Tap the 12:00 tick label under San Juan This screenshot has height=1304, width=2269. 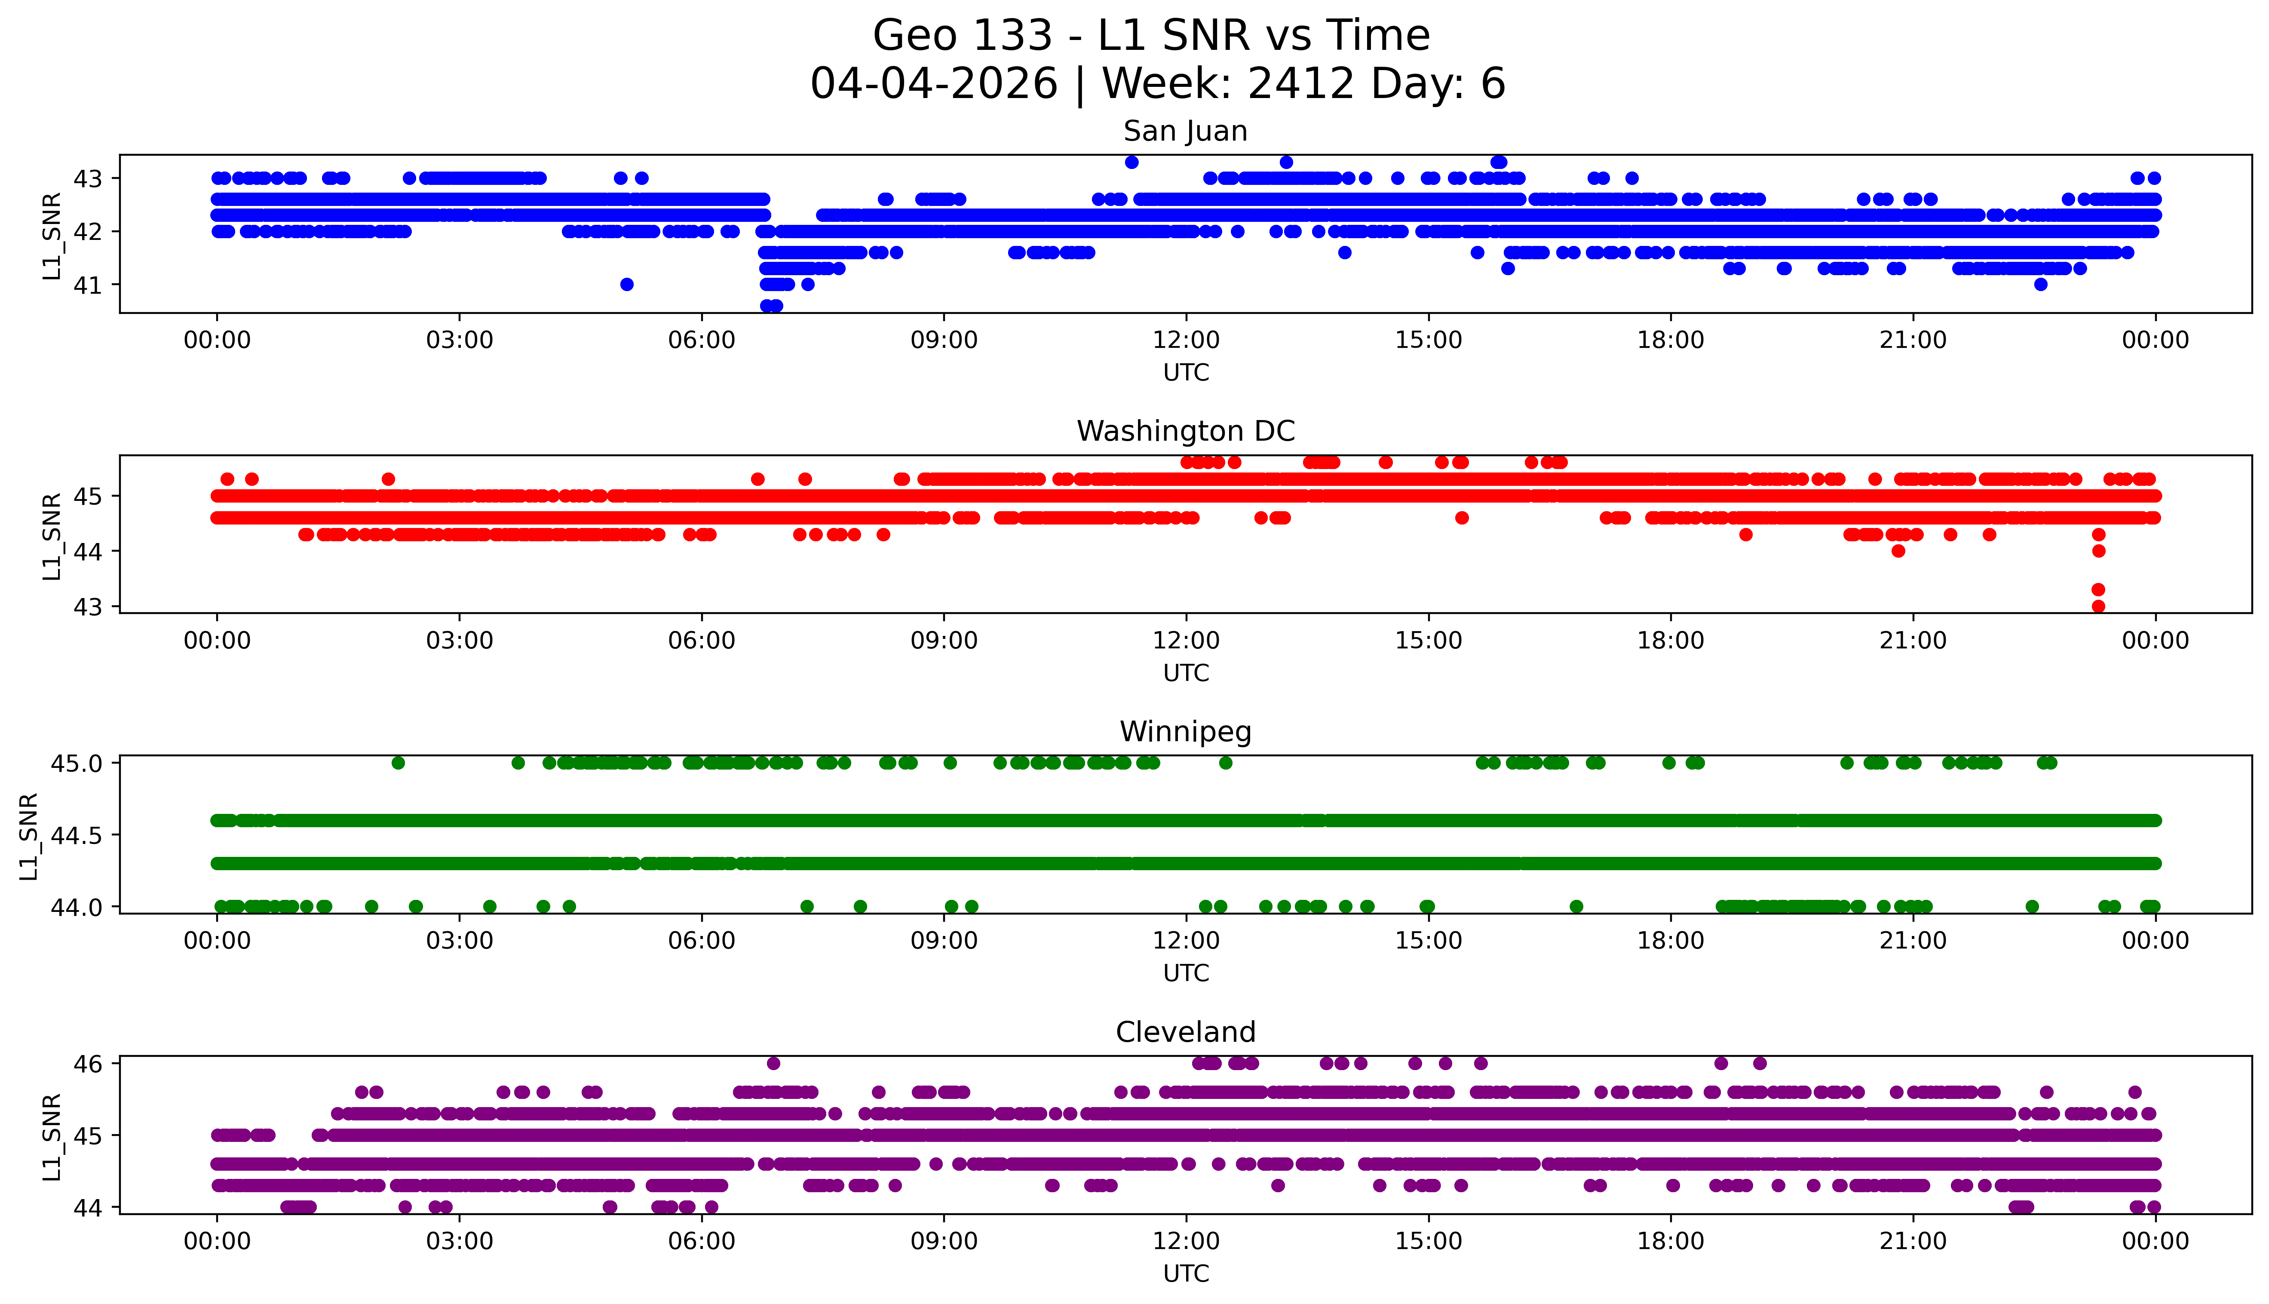(1186, 341)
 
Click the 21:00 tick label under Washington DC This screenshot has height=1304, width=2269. (1913, 640)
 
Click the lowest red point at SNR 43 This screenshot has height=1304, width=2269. (2098, 606)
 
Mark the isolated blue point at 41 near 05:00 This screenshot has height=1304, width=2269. (627, 285)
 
